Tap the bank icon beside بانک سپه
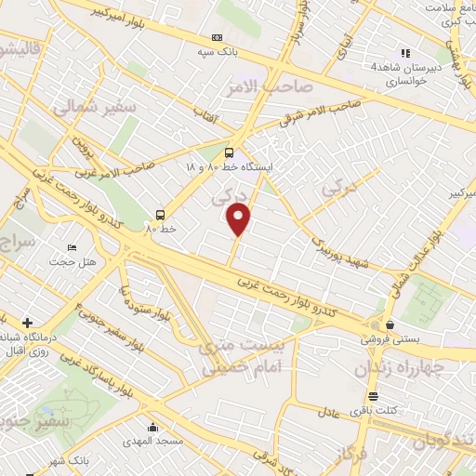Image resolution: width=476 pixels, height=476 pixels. [218, 37]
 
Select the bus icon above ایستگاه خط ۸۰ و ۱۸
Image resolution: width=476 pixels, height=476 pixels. [230, 154]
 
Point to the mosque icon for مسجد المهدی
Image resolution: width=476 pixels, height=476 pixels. [152, 427]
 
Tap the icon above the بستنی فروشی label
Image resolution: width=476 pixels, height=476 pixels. [389, 325]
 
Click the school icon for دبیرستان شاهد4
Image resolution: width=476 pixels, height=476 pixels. [404, 53]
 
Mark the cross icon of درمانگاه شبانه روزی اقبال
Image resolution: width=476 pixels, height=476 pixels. [26, 322]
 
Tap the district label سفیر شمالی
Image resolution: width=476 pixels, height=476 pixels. [94, 109]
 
